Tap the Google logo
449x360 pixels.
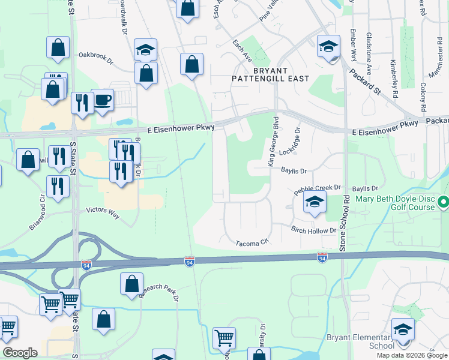point(20,353)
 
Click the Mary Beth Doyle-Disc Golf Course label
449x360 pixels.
point(398,203)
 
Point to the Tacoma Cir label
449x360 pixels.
point(251,243)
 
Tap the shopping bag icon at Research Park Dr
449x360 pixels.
point(131,284)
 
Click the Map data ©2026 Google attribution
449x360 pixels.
point(411,355)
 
